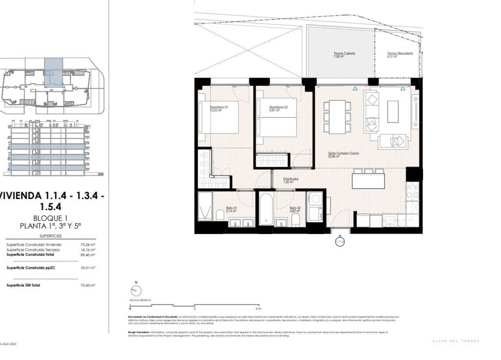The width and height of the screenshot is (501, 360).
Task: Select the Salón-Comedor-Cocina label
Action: click(343, 154)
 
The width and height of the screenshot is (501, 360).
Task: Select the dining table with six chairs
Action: click(338, 117)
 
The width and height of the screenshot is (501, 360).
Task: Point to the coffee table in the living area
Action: click(393, 111)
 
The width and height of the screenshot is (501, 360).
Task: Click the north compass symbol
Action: click(136, 291)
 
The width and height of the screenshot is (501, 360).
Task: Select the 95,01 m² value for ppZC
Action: click(88, 267)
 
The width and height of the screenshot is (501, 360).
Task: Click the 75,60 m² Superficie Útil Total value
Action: click(88, 285)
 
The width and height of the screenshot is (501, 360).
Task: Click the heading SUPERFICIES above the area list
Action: click(51, 236)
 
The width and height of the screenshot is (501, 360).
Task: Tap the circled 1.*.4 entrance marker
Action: click(340, 242)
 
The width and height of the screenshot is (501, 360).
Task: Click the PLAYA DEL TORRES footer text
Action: click(455, 341)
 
